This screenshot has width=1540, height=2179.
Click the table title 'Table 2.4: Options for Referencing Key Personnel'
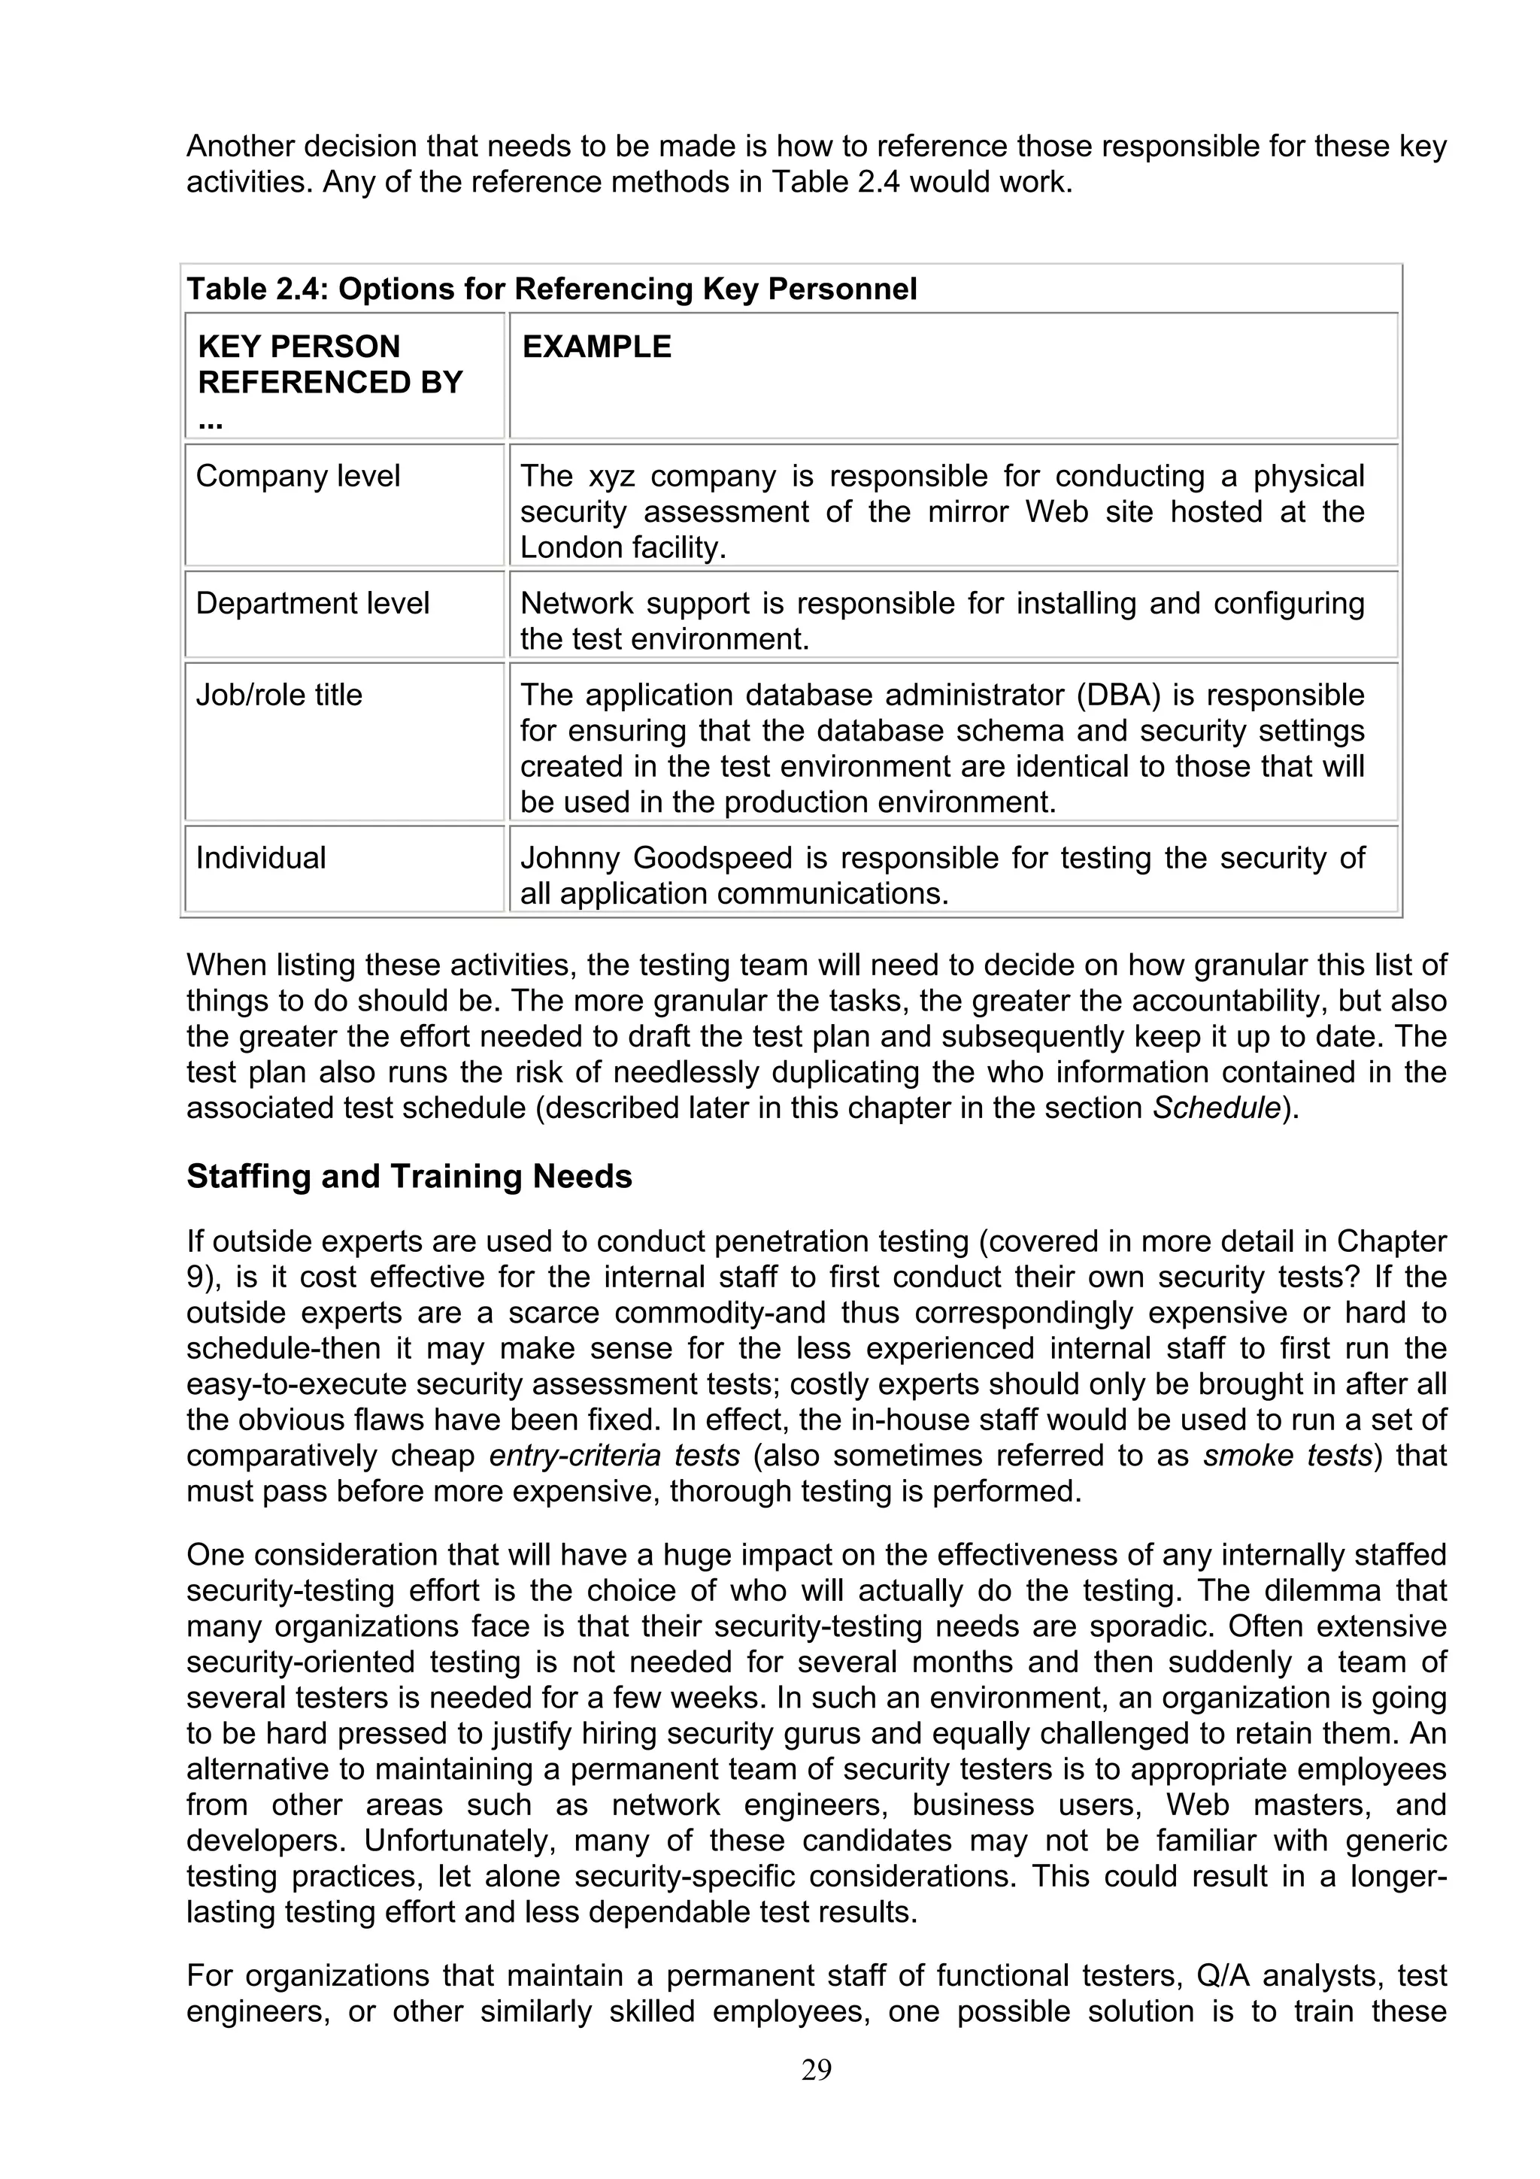[551, 289]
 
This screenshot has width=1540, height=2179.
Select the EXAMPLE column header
[597, 347]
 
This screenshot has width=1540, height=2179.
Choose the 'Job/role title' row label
[279, 695]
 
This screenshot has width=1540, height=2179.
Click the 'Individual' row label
[260, 858]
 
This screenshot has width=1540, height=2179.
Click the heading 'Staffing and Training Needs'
[409, 1177]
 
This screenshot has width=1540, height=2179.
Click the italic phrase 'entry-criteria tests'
[614, 1456]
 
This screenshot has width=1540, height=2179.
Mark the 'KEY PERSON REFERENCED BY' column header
[329, 365]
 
